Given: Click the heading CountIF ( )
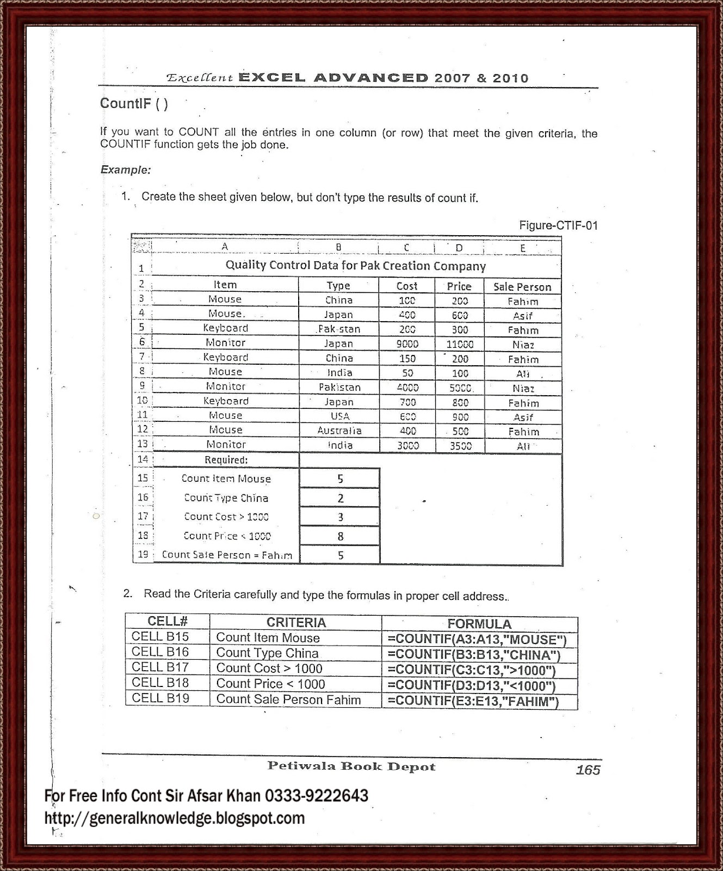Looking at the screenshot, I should (134, 103).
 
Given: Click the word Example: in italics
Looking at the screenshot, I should (126, 170).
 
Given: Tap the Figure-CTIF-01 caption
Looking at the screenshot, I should (558, 225).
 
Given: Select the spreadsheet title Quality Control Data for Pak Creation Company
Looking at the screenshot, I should (355, 266).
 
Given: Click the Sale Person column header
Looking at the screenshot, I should (522, 287).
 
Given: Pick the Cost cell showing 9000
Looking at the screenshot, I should (407, 344).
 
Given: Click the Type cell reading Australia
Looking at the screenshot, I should (339, 431).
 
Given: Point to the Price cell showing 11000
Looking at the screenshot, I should (460, 344).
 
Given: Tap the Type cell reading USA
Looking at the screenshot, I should (339, 416).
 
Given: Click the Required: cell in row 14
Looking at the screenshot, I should (226, 460).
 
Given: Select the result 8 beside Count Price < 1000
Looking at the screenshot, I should (341, 536).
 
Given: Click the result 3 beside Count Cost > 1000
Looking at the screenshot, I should (341, 517).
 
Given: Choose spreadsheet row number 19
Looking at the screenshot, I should (143, 554).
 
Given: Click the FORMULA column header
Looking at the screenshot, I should (479, 624).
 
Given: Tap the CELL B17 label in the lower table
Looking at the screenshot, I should (160, 667).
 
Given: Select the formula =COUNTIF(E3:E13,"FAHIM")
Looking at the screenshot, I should (473, 701).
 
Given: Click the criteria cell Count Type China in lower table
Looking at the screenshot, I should (267, 653).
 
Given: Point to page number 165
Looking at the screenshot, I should (588, 770).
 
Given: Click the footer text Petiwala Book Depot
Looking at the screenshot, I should (351, 766).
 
